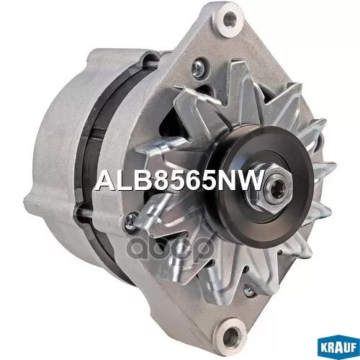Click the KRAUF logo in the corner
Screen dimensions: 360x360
click(339, 348)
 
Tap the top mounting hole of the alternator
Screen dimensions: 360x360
click(230, 19)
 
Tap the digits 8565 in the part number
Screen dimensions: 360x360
click(181, 181)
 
